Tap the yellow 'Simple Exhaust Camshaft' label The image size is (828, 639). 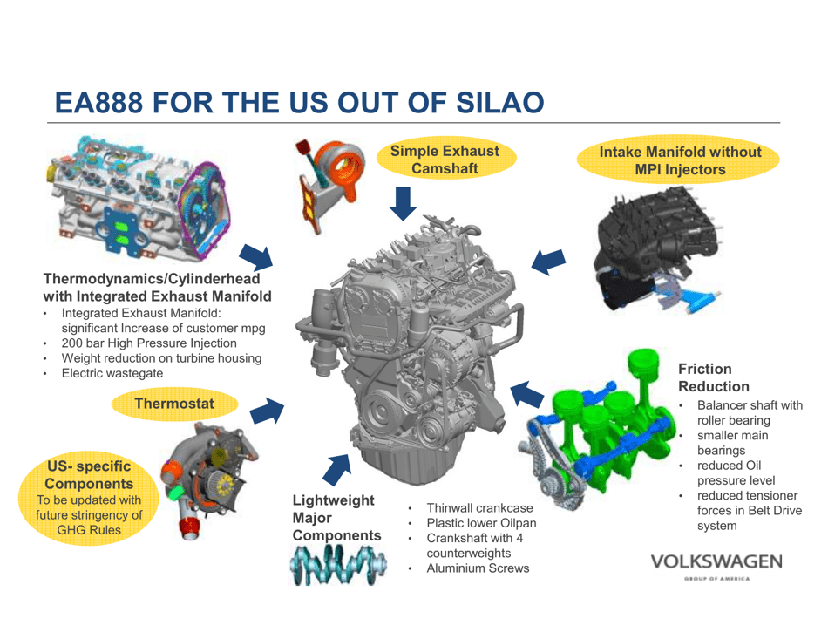point(445,160)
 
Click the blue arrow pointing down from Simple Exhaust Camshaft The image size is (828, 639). point(402,205)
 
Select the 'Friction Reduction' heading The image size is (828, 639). point(713,377)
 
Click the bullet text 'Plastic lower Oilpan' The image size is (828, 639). point(481,523)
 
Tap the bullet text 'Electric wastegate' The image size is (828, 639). point(112,373)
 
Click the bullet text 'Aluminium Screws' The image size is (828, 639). point(478,568)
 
